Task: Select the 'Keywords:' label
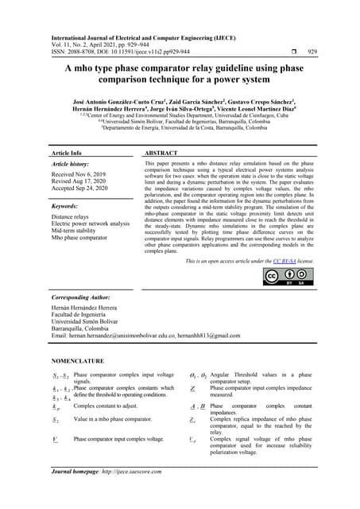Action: (64, 205)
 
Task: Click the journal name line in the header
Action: (144, 37)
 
